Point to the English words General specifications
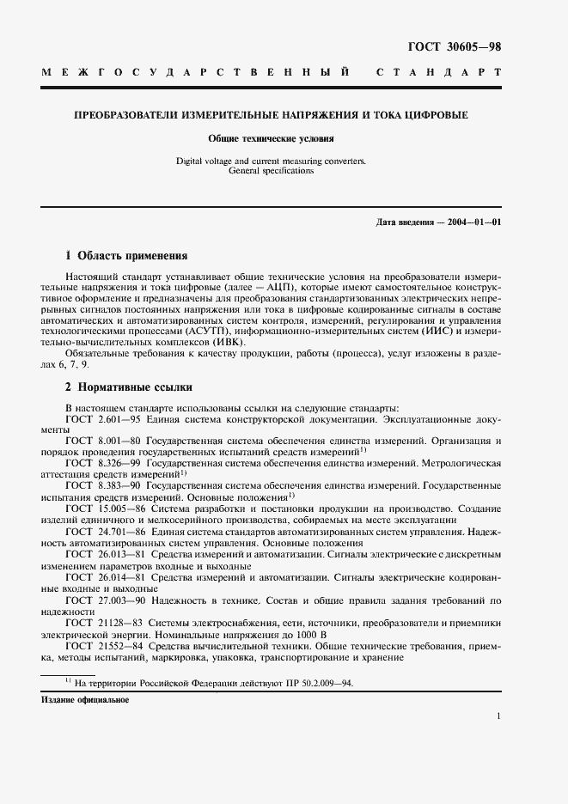(271, 171)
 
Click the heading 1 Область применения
(126, 255)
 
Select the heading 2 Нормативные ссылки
(129, 387)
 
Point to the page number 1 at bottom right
(498, 715)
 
